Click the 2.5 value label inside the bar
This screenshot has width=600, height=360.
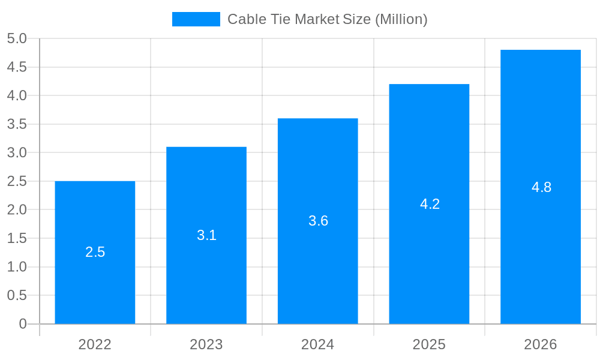(95, 252)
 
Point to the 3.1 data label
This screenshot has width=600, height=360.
(206, 235)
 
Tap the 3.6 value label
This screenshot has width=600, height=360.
(318, 221)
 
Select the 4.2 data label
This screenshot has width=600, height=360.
(430, 204)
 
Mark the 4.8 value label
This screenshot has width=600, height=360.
(541, 187)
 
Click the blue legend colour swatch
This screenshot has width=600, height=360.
(196, 19)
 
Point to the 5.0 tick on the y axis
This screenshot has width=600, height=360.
(17, 39)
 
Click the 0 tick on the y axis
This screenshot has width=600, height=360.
(23, 324)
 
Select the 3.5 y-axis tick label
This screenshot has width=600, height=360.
(17, 124)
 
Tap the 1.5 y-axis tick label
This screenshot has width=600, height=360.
(17, 238)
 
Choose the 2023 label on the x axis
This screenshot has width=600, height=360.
(206, 344)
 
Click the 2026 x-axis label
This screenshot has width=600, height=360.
(541, 344)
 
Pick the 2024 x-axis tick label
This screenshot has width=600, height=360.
(318, 344)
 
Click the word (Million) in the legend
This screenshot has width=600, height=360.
(401, 19)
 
